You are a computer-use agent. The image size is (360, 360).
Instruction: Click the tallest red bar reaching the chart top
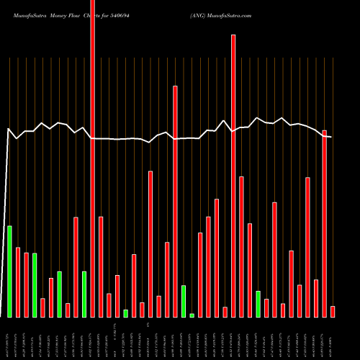(x=92, y=158)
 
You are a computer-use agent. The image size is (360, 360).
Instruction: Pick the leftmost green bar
(x=9, y=271)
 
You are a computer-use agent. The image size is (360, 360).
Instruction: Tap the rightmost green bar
(x=258, y=304)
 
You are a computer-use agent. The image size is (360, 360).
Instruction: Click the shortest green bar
(x=192, y=315)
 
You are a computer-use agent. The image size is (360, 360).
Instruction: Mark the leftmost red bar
(x=17, y=282)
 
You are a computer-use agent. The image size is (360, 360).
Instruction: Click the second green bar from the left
(x=34, y=285)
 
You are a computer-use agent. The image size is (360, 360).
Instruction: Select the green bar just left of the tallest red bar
(x=84, y=294)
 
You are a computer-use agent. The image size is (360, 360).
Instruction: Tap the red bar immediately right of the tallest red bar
(x=101, y=266)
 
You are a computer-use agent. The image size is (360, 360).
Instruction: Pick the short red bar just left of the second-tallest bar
(x=225, y=311)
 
